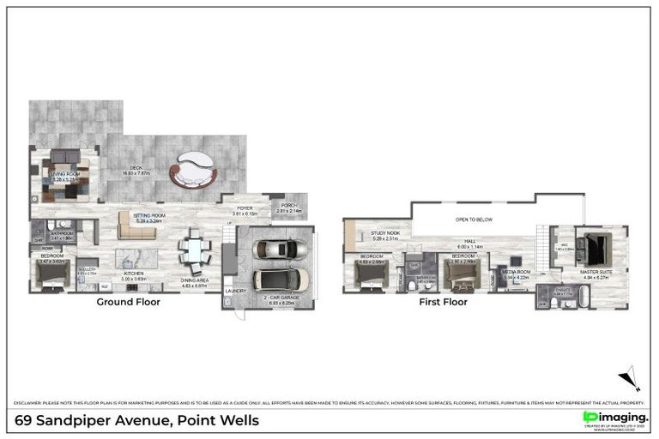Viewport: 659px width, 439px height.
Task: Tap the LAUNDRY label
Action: [236, 291]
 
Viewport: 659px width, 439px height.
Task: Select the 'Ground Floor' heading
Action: [128, 302]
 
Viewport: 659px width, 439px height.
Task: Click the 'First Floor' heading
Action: [443, 302]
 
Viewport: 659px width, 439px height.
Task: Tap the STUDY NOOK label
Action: [385, 232]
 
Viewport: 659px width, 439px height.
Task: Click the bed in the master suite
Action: [593, 247]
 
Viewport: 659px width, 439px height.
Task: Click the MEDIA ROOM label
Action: [517, 272]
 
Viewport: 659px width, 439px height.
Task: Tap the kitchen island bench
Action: [137, 257]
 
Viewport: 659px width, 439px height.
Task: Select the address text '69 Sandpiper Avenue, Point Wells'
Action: [137, 421]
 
